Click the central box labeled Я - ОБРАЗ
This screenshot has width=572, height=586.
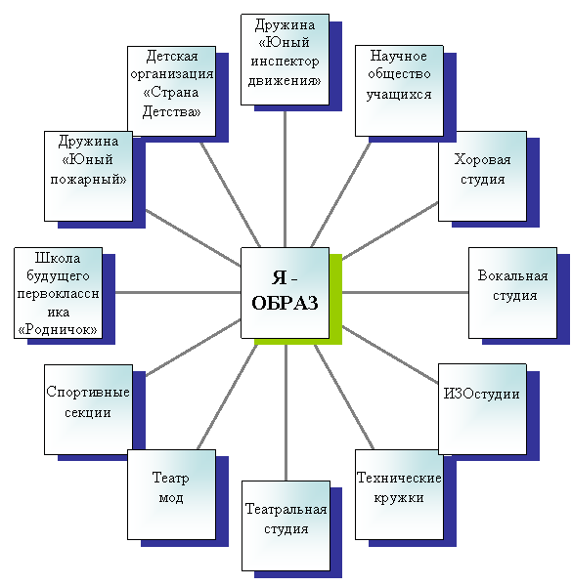[x=286, y=293]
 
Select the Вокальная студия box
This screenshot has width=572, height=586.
[x=512, y=293]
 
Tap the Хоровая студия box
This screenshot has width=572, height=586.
[x=482, y=176]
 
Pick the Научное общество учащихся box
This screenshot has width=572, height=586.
[x=399, y=91]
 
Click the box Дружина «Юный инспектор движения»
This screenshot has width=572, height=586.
[x=286, y=60]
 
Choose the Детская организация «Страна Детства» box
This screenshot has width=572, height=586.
[x=171, y=91]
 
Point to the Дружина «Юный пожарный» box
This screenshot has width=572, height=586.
[x=88, y=176]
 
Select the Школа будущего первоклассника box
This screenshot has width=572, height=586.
[x=58, y=293]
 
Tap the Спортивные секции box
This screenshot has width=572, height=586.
[x=88, y=409]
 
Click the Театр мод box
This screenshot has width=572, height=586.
[x=171, y=494]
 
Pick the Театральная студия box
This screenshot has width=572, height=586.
[x=286, y=525]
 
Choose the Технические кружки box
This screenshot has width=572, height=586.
[x=399, y=494]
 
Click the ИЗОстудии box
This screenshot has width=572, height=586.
[x=482, y=409]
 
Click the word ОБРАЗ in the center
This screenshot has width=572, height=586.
[x=285, y=303]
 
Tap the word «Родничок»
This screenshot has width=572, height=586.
[x=58, y=330]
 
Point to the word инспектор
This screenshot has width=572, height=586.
[x=285, y=62]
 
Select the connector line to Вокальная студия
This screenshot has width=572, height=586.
[x=406, y=292]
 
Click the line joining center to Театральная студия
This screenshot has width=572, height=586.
[x=286, y=412]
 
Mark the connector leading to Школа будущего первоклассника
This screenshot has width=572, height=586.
[x=178, y=292]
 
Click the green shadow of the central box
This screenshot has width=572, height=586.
[x=336, y=299]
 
